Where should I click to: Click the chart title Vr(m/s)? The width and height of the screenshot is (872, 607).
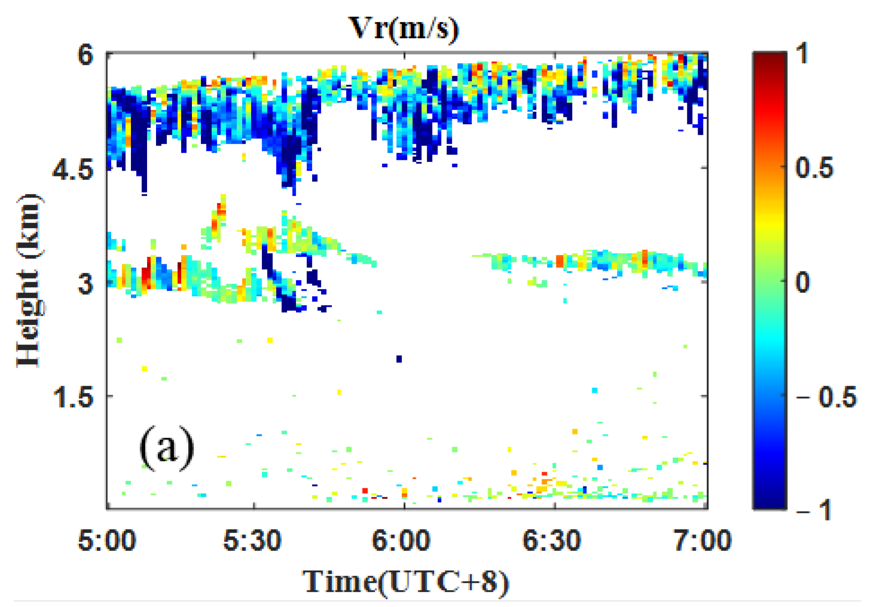click(x=403, y=29)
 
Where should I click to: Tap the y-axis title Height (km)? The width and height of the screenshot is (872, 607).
click(x=30, y=281)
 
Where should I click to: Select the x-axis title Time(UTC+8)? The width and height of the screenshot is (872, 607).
click(x=406, y=582)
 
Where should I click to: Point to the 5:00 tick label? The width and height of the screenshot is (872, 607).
click(x=107, y=540)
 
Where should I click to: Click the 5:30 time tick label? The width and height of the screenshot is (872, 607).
click(x=252, y=540)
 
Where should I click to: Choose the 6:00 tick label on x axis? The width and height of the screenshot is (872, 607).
click(x=401, y=540)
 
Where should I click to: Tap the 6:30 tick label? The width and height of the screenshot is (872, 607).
click(x=552, y=540)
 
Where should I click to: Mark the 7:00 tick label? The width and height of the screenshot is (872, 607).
click(x=703, y=540)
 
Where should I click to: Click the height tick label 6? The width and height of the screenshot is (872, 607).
click(x=85, y=56)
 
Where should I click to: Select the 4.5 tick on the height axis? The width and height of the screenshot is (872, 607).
click(x=73, y=170)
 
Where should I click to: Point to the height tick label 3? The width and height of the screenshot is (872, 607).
click(x=85, y=283)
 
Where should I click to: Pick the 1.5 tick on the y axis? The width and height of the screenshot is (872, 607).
click(x=73, y=397)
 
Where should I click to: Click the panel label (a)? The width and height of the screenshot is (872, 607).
click(x=167, y=448)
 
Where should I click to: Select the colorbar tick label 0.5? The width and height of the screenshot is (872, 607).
click(x=814, y=168)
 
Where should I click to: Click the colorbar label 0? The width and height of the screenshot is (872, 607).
click(x=803, y=282)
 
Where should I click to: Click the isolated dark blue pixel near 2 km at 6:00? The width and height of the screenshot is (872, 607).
click(x=399, y=359)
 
